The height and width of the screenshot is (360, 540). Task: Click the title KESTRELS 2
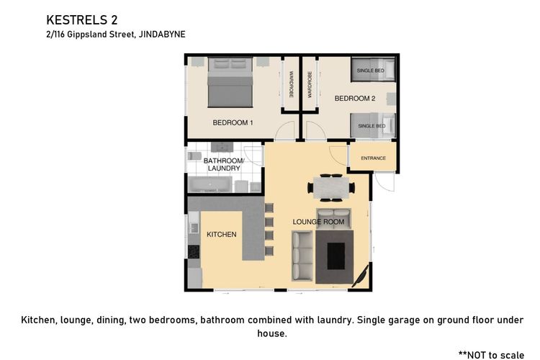click(x=82, y=20)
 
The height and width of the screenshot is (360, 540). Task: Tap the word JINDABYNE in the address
click(x=162, y=35)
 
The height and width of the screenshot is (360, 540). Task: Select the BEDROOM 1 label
click(x=233, y=122)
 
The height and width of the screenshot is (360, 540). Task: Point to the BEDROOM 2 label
click(x=355, y=99)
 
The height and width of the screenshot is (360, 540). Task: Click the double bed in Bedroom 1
click(x=230, y=83)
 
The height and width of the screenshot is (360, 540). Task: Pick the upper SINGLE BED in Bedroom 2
click(x=373, y=71)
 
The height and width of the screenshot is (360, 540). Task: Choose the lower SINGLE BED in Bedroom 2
click(x=373, y=126)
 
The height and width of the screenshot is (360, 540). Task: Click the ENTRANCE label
click(x=373, y=158)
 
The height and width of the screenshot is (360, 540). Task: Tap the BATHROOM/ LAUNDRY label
click(x=224, y=164)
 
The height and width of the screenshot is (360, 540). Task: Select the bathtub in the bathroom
click(x=210, y=184)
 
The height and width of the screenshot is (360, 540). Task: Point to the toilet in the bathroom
click(x=194, y=156)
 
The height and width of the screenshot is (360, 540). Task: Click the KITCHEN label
click(x=222, y=234)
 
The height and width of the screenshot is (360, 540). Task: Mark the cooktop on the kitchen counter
click(x=194, y=251)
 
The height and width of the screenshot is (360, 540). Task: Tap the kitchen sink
click(x=194, y=228)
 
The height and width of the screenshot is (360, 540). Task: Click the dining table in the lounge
click(x=331, y=188)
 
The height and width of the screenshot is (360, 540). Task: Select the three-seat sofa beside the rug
click(x=302, y=256)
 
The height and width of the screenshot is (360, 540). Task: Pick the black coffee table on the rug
click(x=336, y=256)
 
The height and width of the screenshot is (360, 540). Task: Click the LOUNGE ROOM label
click(x=318, y=222)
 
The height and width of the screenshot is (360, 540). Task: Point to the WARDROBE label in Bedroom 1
click(x=292, y=84)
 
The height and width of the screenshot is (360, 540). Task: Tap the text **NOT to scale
click(x=492, y=355)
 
